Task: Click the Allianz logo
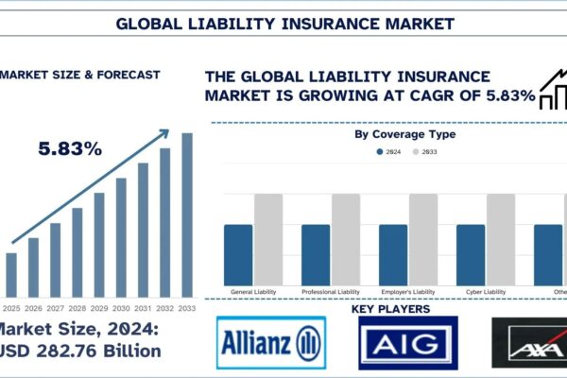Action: point(270,343)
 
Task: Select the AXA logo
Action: point(530,343)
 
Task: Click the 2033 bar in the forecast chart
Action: point(187,214)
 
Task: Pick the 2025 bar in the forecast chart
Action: point(11,274)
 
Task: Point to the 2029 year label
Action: point(99,308)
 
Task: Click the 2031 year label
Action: point(143,308)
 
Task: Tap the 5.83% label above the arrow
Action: point(71,148)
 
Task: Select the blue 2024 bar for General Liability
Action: point(239,254)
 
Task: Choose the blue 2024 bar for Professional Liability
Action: point(317,254)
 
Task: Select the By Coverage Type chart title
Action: point(404,134)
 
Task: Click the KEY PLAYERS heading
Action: point(390,309)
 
